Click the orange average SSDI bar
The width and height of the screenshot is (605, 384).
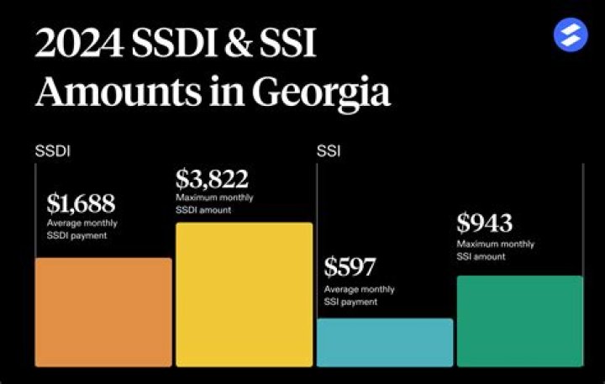coord(103,312)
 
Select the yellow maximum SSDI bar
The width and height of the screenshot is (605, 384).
coord(244,294)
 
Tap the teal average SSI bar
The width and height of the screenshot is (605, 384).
coord(384,342)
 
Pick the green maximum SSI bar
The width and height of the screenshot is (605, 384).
coord(519,321)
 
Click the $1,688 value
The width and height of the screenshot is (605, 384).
coord(81,203)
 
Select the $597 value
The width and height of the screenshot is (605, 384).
coord(351,268)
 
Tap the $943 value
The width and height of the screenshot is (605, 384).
coord(484,223)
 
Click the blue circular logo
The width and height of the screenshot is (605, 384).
coord(571,35)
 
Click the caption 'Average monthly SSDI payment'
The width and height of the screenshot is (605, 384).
coord(82,229)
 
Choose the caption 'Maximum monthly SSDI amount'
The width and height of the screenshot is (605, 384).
coord(214,203)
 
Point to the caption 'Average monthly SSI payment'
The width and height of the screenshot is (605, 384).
coord(360,295)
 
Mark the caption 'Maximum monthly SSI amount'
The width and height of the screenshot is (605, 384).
coord(495,250)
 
